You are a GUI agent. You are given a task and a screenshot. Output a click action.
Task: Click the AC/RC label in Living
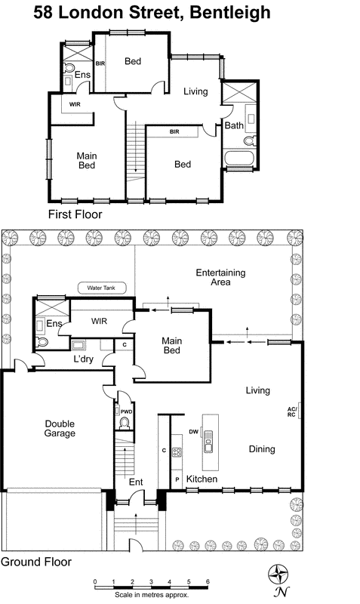pyautogui.click(x=291, y=411)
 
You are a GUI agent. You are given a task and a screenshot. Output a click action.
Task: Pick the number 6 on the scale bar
pyautogui.click(x=207, y=582)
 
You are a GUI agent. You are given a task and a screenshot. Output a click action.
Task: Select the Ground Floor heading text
pyautogui.click(x=35, y=562)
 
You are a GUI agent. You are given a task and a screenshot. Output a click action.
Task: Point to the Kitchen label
pyautogui.click(x=202, y=479)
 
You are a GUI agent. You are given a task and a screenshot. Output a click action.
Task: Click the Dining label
pyautogui.click(x=262, y=449)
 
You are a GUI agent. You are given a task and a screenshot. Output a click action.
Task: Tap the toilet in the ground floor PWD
pyautogui.click(x=125, y=423)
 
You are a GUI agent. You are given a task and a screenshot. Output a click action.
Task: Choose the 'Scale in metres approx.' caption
pyautogui.click(x=151, y=594)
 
